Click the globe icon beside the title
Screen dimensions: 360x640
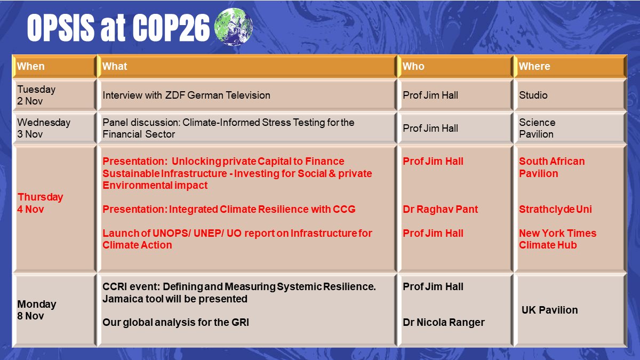click(233, 27)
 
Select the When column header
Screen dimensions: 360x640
click(31, 67)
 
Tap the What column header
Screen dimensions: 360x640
click(115, 67)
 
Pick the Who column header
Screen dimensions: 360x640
click(413, 67)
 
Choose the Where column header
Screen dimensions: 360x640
click(534, 67)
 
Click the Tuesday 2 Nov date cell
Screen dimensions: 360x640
click(36, 95)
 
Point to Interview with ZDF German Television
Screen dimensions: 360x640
click(186, 95)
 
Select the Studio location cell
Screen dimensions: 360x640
click(533, 95)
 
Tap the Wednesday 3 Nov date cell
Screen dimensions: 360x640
click(44, 128)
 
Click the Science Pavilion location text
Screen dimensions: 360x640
click(537, 128)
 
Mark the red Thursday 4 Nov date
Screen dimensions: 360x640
click(40, 203)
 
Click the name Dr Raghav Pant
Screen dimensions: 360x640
click(440, 210)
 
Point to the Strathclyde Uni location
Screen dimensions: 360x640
click(555, 210)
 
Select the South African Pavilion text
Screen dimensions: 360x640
click(551, 167)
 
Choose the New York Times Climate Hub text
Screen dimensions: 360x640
click(557, 239)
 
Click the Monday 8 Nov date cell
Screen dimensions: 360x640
click(37, 310)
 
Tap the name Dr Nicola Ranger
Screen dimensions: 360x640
click(444, 322)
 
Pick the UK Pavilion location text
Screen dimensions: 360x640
click(550, 310)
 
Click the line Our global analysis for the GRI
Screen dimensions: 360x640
click(175, 322)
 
